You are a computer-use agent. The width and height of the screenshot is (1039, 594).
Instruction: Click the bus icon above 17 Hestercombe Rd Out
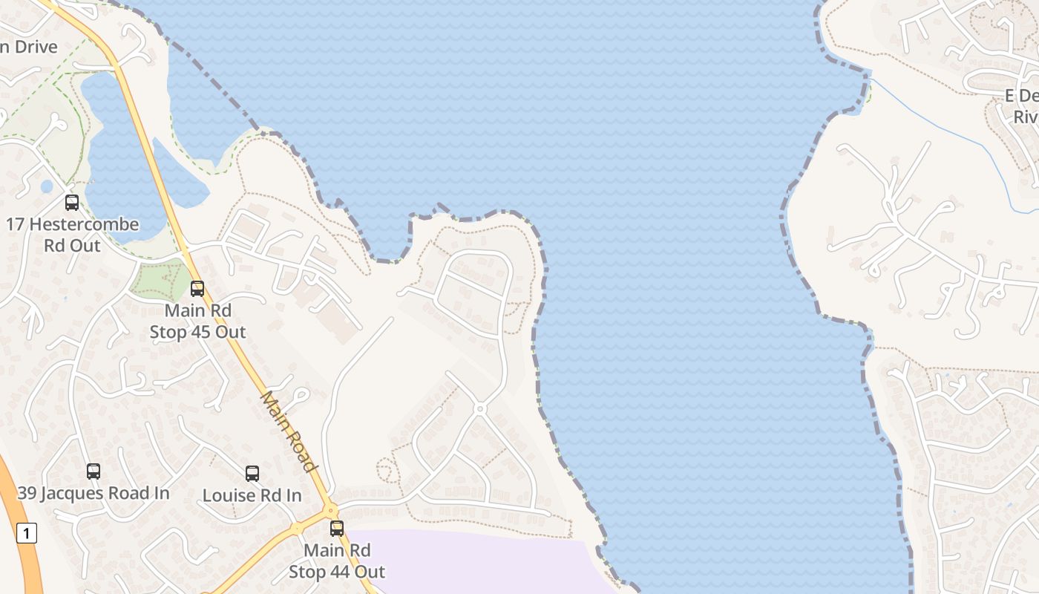pyautogui.click(x=72, y=202)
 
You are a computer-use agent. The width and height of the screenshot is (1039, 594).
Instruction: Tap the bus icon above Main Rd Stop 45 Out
pyautogui.click(x=197, y=288)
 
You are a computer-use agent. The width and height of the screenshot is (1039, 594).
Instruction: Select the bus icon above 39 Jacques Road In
pyautogui.click(x=94, y=471)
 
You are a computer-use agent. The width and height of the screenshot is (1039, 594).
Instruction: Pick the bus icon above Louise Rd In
pyautogui.click(x=252, y=473)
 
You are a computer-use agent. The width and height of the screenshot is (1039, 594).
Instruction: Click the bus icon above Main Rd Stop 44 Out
pyautogui.click(x=337, y=528)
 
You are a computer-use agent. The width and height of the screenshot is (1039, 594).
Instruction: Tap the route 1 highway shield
pyautogui.click(x=27, y=532)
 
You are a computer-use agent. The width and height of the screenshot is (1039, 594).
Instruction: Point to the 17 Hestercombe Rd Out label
pyautogui.click(x=73, y=235)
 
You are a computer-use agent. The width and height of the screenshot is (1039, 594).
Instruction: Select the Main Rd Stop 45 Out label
pyautogui.click(x=197, y=321)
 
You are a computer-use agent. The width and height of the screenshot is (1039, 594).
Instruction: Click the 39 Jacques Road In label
pyautogui.click(x=94, y=493)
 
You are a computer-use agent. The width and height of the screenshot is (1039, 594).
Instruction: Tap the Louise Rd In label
pyautogui.click(x=252, y=495)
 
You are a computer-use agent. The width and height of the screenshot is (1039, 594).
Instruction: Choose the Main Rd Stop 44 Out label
pyautogui.click(x=337, y=561)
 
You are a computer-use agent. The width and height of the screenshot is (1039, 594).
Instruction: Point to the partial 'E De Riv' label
pyautogui.click(x=1023, y=106)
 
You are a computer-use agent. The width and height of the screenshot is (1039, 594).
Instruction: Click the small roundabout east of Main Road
pyautogui.click(x=480, y=408)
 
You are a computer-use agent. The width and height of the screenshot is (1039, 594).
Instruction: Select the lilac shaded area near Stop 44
pyautogui.click(x=475, y=564)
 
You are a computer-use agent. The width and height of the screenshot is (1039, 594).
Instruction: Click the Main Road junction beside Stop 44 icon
pyautogui.click(x=329, y=511)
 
